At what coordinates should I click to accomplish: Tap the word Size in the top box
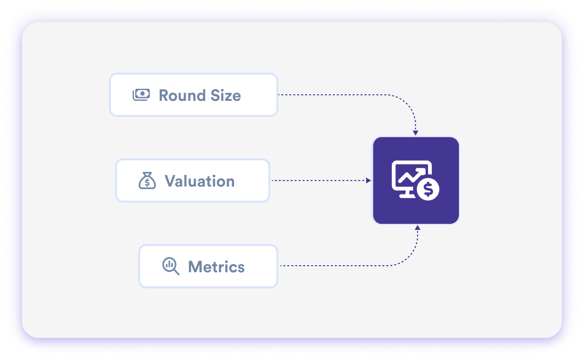coord(225,95)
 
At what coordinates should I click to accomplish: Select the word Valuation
coord(200,181)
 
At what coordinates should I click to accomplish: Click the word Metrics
coord(216,267)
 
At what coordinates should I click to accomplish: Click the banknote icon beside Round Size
coord(141,95)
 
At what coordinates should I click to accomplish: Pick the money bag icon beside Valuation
coord(147,181)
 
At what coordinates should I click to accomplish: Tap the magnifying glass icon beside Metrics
coord(170,266)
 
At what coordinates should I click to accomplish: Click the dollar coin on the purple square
coord(428,190)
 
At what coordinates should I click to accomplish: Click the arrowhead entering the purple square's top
coord(416,133)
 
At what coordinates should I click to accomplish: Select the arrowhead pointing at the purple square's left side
coord(369,181)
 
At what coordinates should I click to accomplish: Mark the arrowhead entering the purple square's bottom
coord(418,228)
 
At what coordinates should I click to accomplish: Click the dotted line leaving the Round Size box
coord(343,95)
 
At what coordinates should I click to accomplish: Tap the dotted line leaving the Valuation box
coord(318,181)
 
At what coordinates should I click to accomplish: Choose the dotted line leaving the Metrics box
coord(343,265)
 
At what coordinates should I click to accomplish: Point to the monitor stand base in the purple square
coord(407,196)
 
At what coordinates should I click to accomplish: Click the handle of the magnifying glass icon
coord(176,272)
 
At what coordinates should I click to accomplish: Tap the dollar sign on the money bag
coord(147,183)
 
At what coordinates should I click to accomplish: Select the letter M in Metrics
coord(195,267)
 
